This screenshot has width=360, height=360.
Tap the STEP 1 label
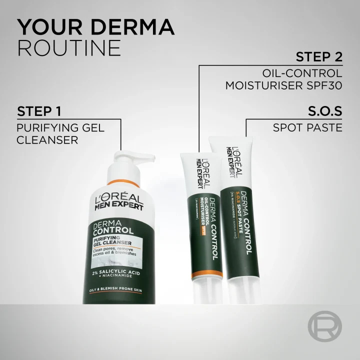pyautogui.click(x=42, y=110)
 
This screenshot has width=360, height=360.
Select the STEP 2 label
pyautogui.click(x=318, y=56)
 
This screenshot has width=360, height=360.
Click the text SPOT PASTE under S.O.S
pyautogui.click(x=307, y=127)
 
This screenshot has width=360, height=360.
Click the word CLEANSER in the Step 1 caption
pyautogui.click(x=47, y=140)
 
